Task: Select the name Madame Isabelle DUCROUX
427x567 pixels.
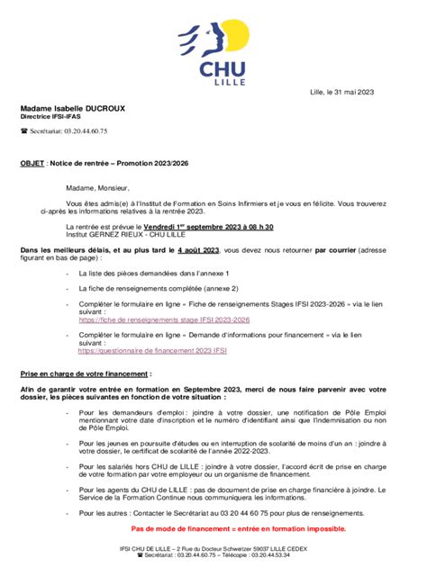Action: [73, 108]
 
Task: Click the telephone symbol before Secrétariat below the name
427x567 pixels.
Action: [24, 131]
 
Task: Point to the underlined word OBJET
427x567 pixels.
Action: [32, 166]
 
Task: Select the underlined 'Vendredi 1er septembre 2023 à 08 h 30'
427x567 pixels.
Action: [195, 229]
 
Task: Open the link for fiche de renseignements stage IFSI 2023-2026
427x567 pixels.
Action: [165, 319]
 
